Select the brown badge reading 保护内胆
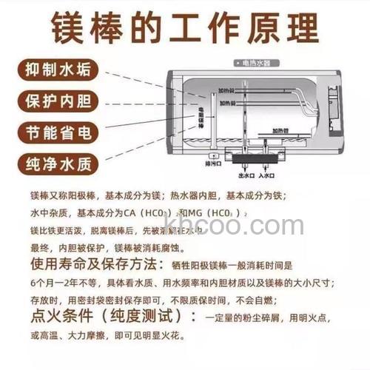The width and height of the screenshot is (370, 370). pos(56,100)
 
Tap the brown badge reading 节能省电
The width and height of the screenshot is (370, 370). pos(56,132)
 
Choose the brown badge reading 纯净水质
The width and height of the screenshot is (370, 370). pos(56,164)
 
